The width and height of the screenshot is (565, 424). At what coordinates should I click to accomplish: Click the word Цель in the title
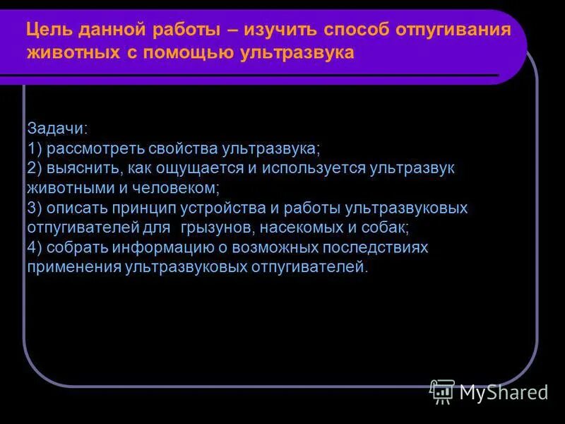click(x=47, y=31)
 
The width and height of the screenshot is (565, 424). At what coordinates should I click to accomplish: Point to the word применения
click(x=73, y=268)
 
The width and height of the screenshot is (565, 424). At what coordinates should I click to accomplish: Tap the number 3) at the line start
click(x=35, y=208)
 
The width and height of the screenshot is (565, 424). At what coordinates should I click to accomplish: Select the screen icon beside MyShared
click(x=442, y=391)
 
